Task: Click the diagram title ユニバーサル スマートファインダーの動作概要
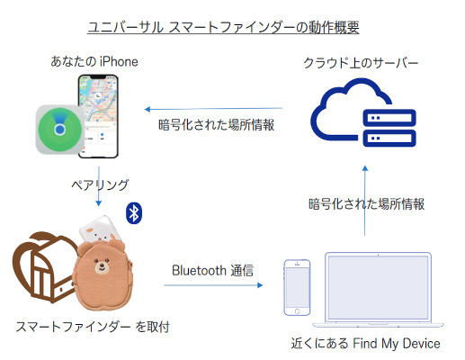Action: pyautogui.click(x=223, y=28)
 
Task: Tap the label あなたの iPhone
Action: pyautogui.click(x=94, y=62)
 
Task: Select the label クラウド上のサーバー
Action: pyautogui.click(x=361, y=63)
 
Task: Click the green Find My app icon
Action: pyautogui.click(x=60, y=130)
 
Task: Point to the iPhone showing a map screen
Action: pyautogui.click(x=98, y=116)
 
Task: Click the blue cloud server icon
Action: pyautogui.click(x=363, y=112)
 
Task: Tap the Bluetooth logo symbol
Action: pyautogui.click(x=134, y=213)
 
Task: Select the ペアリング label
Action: pyautogui.click(x=100, y=184)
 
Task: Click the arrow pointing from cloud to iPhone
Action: pyautogui.click(x=213, y=109)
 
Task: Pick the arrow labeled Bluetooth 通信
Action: pyautogui.click(x=213, y=285)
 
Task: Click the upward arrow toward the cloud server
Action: pyautogui.click(x=365, y=201)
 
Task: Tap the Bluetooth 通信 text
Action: pyautogui.click(x=212, y=270)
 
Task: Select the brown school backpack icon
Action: pyautogui.click(x=42, y=267)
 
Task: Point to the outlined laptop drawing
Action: pyautogui.click(x=378, y=290)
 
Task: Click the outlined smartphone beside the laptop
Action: pyautogui.click(x=297, y=287)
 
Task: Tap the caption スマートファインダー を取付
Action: pyautogui.click(x=93, y=327)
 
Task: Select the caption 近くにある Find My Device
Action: pyautogui.click(x=365, y=343)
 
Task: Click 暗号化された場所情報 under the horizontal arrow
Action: pyautogui.click(x=216, y=125)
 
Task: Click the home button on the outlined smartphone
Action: pyautogui.click(x=297, y=311)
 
